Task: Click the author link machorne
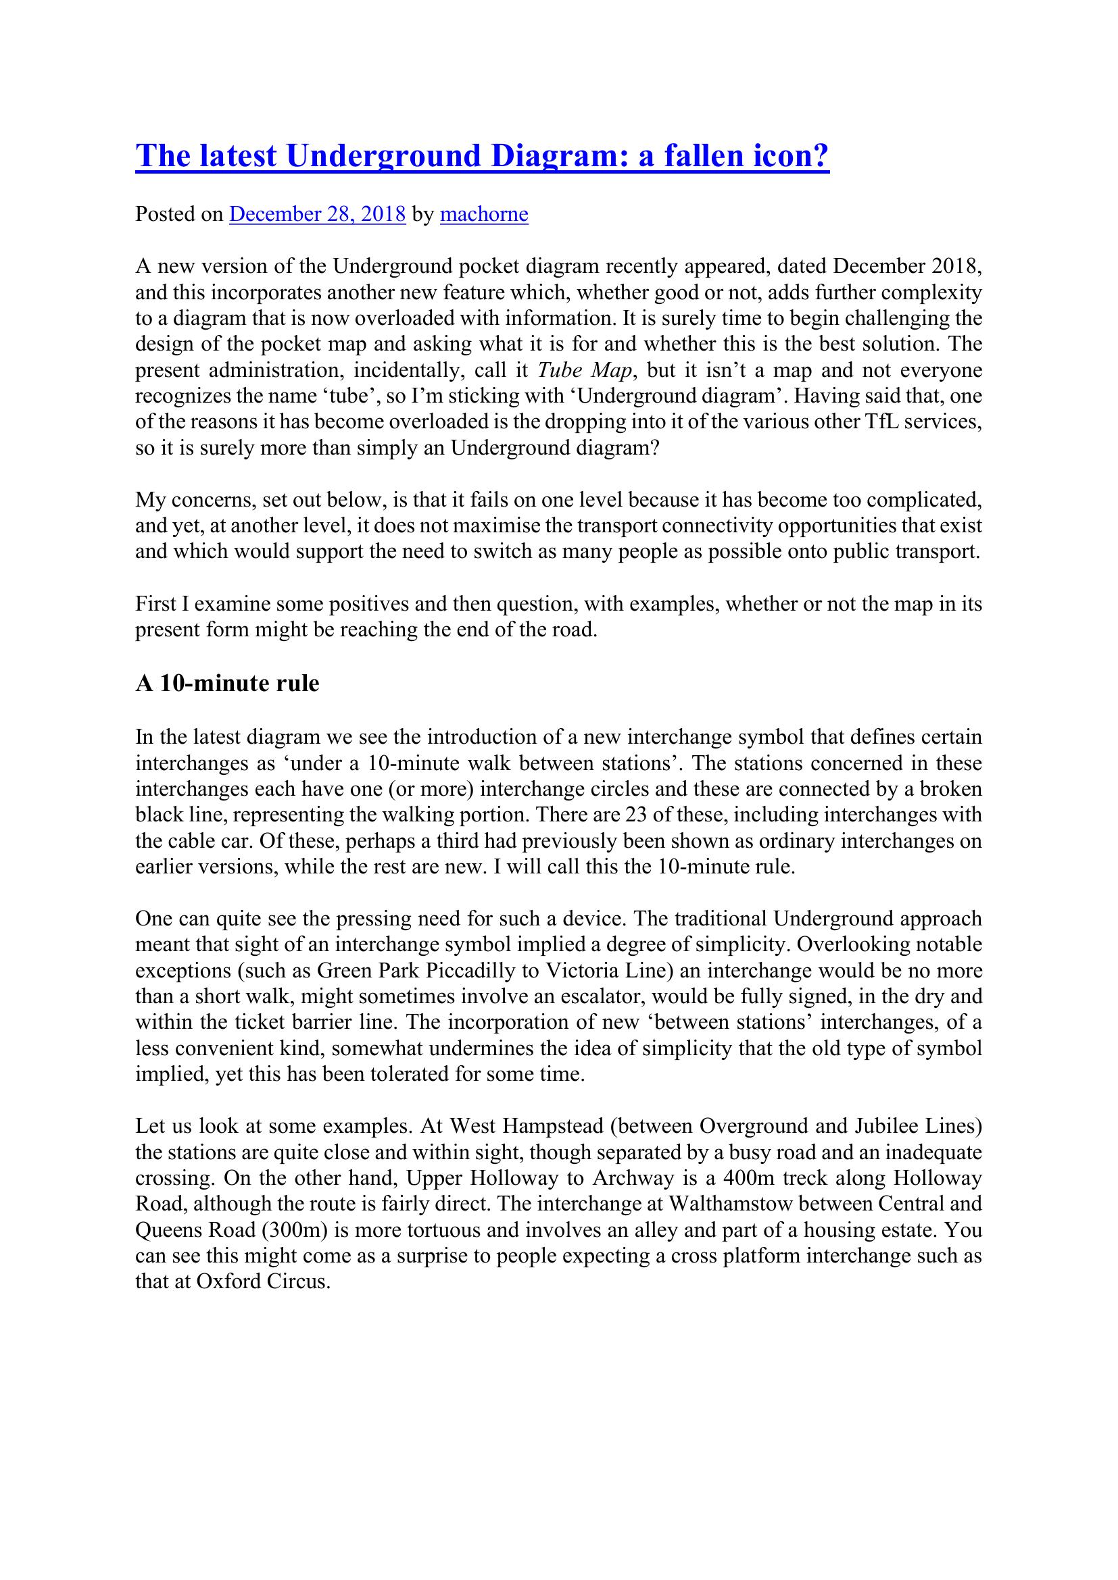pyautogui.click(x=484, y=215)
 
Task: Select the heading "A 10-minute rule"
pyautogui.click(x=227, y=684)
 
